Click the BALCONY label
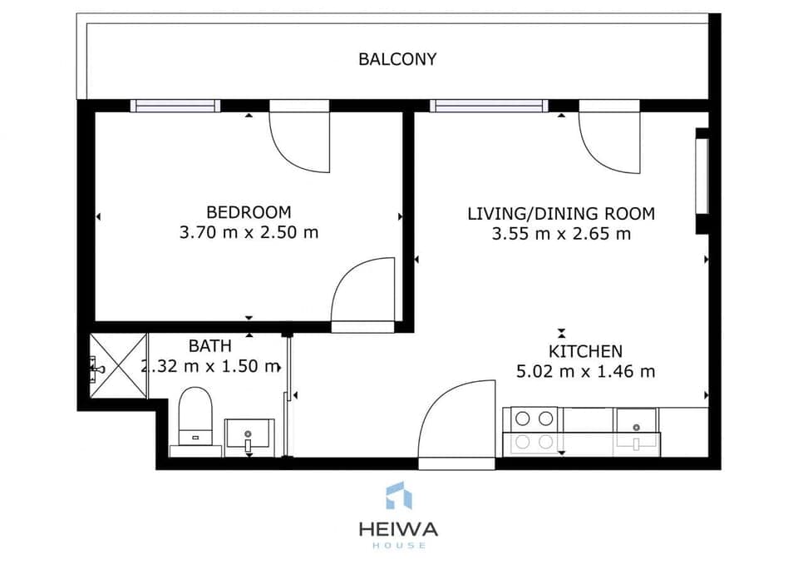[x=397, y=59]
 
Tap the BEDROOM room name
[x=249, y=212]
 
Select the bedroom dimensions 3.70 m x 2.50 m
[x=249, y=233]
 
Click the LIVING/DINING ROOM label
[x=561, y=214]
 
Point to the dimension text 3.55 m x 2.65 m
[x=561, y=234]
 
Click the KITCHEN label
[x=585, y=351]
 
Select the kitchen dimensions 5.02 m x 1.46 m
[x=585, y=371]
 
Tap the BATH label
[x=209, y=345]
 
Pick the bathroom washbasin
[x=249, y=436]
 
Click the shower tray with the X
[x=118, y=364]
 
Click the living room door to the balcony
[x=609, y=139]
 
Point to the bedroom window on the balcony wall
[x=175, y=106]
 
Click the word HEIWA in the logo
[x=398, y=529]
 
